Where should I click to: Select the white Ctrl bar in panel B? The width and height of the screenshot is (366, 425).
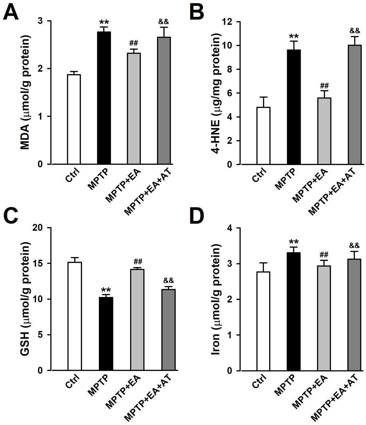point(263,136)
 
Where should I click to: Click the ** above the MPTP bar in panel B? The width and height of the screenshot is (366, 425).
point(293,36)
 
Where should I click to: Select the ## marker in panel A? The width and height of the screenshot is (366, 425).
point(134,43)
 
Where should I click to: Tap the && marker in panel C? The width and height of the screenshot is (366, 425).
point(168,280)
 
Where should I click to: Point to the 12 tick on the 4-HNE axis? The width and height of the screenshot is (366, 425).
point(227,22)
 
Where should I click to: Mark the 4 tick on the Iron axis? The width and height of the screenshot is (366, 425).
point(230,228)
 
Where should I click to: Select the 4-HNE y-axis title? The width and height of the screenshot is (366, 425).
point(216,93)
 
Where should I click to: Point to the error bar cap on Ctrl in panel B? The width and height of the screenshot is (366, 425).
point(263,97)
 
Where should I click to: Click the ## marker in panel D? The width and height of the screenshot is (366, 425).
point(324,255)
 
